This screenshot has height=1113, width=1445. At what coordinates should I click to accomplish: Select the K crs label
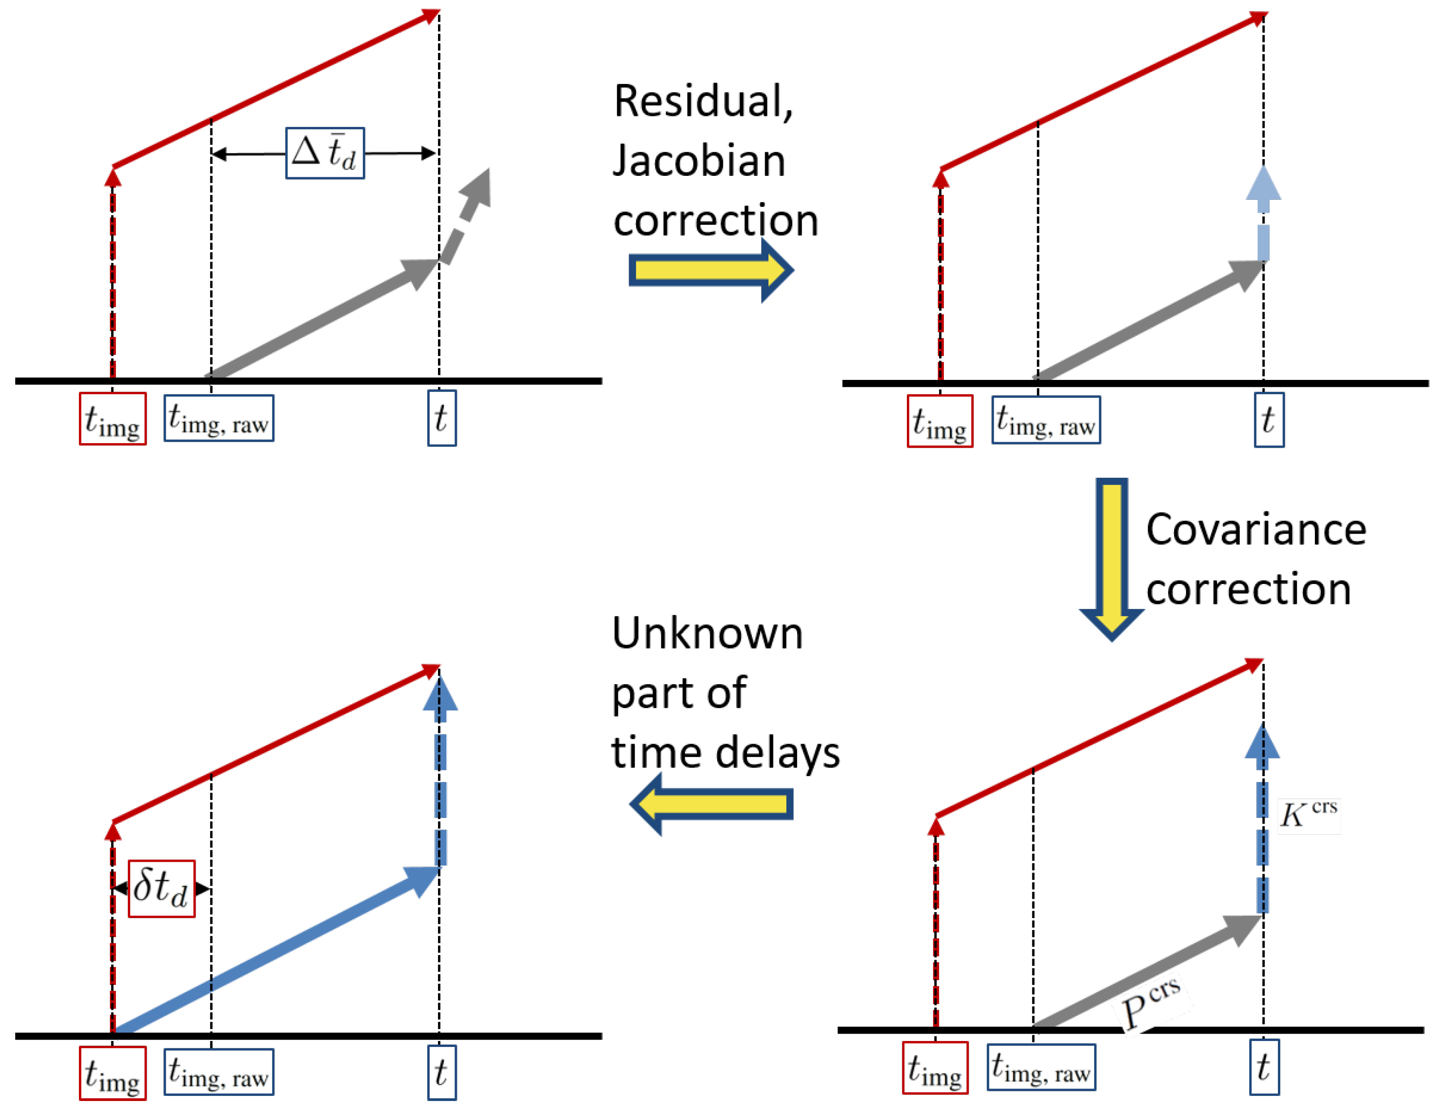1307,815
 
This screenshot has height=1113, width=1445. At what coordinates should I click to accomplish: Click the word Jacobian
699,161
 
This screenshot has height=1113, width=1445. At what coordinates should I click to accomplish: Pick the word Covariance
1256,529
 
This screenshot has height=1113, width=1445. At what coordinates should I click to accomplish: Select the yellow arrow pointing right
710,270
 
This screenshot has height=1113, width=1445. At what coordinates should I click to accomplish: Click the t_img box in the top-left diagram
113,419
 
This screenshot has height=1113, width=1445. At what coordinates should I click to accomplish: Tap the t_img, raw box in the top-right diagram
1045,420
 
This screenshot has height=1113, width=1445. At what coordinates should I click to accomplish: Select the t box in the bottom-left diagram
441,1072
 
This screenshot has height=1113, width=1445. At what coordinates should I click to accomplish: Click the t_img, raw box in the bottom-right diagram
1041,1067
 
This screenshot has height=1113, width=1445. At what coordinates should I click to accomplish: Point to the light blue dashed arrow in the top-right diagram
1263,212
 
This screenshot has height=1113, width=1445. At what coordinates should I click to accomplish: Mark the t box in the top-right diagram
1269,420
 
